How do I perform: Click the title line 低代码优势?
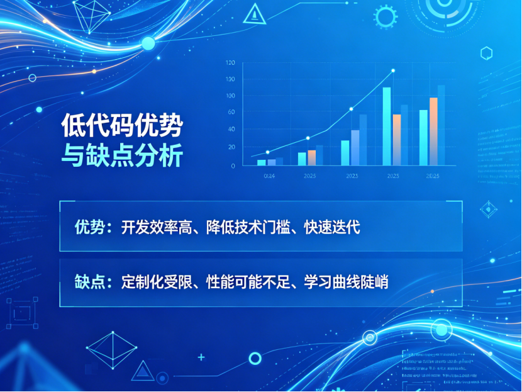click(121, 126)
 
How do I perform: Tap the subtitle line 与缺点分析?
click(121, 155)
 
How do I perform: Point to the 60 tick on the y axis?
click(231, 112)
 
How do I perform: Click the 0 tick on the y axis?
click(233, 165)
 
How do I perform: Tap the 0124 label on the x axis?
click(269, 176)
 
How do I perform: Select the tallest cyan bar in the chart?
click(387, 126)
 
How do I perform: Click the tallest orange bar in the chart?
click(433, 131)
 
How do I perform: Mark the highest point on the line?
click(393, 70)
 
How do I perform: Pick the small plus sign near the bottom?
click(201, 357)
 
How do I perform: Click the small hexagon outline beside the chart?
click(486, 53)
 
